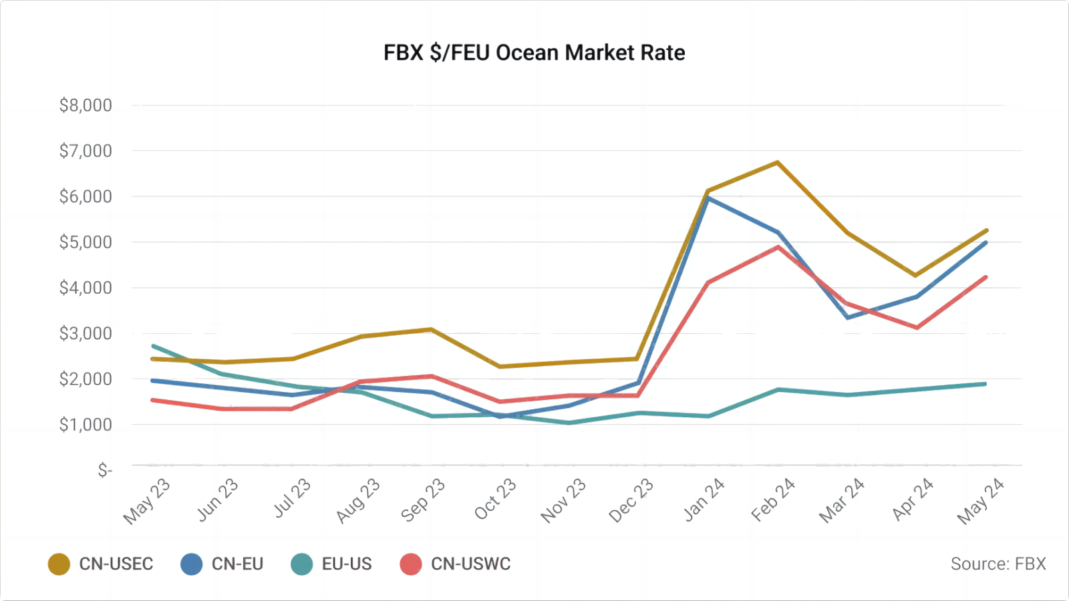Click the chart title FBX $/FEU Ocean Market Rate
(534, 53)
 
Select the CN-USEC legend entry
(101, 564)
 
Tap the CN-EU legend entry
(222, 564)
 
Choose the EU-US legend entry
(332, 564)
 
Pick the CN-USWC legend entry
(456, 564)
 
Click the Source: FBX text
(998, 564)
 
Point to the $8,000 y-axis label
(86, 106)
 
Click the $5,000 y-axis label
(86, 242)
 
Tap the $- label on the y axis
(105, 471)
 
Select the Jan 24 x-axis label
(704, 500)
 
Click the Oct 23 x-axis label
(495, 500)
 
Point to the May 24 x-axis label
(980, 502)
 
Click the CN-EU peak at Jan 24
(708, 198)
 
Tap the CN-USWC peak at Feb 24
(778, 247)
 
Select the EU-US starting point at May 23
(154, 346)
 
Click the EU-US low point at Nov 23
(569, 423)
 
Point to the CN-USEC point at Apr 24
(915, 275)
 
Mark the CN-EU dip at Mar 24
(847, 317)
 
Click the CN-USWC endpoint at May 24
(985, 278)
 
